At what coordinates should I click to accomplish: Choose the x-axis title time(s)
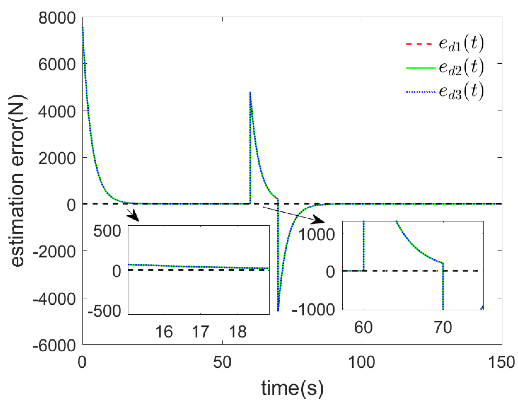[292, 388]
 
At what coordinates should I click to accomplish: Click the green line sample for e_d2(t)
[420, 68]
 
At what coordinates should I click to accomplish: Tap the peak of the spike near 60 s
[250, 92]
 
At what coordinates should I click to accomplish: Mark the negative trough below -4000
[278, 310]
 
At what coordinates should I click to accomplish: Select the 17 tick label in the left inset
[201, 332]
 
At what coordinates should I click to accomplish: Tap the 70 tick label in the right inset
[443, 327]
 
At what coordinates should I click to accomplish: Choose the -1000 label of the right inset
[313, 310]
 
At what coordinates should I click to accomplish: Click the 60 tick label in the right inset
[363, 327]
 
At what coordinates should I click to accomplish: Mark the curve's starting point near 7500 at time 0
[83, 27]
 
